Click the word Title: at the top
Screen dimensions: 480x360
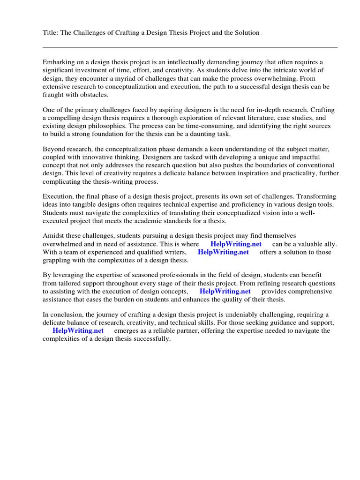(x=51, y=32)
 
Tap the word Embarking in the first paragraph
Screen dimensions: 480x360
(x=58, y=62)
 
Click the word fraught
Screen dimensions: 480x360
(x=53, y=95)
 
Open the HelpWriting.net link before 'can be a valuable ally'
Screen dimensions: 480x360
(x=235, y=244)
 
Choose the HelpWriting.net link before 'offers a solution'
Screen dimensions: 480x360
(x=223, y=252)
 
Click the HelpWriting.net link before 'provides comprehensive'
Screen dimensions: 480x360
(x=225, y=291)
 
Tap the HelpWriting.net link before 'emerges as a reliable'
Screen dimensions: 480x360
(x=78, y=330)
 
